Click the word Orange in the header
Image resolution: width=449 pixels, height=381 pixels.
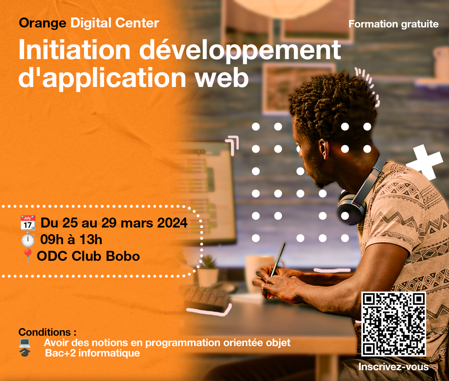(42, 23)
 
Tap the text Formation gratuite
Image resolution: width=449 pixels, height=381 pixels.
(393, 24)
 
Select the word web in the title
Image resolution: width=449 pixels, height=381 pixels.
(222, 78)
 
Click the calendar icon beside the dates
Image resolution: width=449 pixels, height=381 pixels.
(28, 223)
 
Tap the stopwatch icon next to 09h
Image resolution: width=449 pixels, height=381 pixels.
(28, 240)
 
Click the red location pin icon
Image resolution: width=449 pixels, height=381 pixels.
(27, 255)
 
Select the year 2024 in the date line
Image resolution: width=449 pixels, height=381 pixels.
(173, 223)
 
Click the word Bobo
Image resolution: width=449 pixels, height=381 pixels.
(123, 256)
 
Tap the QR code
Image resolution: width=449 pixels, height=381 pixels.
(393, 324)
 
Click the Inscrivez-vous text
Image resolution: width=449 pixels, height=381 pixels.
(393, 367)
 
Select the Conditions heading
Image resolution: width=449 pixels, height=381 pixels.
(47, 332)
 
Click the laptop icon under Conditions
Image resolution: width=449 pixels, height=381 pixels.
(25, 342)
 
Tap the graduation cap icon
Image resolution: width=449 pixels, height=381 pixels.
(25, 352)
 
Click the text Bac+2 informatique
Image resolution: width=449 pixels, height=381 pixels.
(92, 353)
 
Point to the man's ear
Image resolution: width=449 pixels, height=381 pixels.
(324, 149)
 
